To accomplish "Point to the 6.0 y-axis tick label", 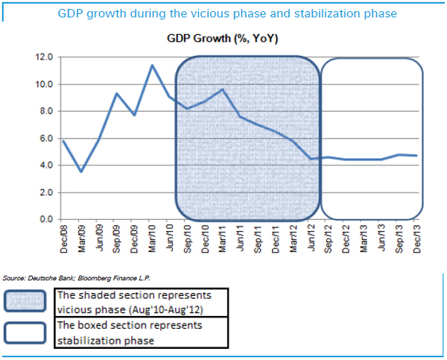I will [46, 139].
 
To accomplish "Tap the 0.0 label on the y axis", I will [46, 220].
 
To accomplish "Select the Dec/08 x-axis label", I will [64, 237].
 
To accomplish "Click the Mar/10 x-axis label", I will [153, 237].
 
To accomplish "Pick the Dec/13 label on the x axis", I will [416, 237].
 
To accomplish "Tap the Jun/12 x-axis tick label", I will [311, 237].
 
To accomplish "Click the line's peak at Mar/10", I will [153, 66].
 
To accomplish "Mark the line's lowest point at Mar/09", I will [81, 171].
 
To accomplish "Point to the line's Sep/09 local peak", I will [117, 93].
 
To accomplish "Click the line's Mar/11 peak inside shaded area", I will [223, 89].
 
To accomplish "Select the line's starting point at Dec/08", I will [64, 141].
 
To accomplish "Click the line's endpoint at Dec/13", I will [416, 156].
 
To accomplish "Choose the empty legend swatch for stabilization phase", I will [28, 334].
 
